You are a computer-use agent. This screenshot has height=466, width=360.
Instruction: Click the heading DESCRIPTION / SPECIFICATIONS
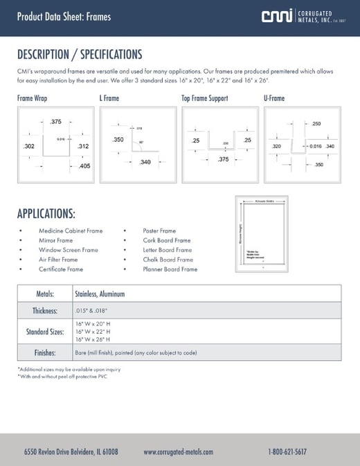[80, 55]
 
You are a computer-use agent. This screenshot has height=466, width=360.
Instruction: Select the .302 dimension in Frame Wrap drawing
[29, 147]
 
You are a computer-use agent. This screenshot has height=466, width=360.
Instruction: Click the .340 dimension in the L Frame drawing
[145, 162]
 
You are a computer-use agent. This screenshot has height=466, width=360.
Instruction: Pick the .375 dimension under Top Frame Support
[224, 159]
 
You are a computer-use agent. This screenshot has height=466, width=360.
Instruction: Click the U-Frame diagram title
[275, 98]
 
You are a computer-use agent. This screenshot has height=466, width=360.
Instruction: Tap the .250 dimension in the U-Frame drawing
[316, 124]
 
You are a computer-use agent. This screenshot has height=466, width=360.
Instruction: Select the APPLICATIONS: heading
[46, 213]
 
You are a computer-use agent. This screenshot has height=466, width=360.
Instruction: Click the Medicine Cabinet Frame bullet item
[70, 231]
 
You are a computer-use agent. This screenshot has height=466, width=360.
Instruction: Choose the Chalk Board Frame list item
[168, 260]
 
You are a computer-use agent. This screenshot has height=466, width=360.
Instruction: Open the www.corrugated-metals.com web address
[179, 451]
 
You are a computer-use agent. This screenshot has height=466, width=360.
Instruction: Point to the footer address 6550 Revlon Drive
[71, 451]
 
